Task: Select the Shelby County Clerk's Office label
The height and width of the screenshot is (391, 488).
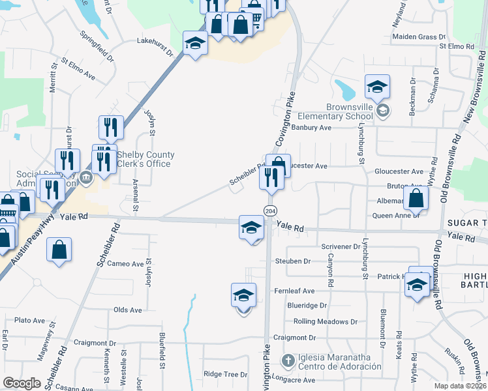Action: [145, 159]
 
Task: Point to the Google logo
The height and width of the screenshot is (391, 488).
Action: [22, 383]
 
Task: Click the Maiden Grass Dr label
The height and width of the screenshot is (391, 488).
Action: [418, 37]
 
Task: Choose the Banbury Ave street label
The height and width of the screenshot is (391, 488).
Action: [311, 128]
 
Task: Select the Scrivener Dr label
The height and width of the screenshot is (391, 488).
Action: [341, 247]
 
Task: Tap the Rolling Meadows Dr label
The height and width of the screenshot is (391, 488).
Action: [326, 321]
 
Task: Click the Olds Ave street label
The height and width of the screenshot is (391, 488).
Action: [127, 310]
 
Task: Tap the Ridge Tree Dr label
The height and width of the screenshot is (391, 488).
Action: [226, 375]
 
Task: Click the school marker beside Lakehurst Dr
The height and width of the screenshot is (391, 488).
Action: [194, 44]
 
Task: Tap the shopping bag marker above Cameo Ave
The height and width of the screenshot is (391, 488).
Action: [59, 250]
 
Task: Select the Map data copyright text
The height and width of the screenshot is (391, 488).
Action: [460, 386]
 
